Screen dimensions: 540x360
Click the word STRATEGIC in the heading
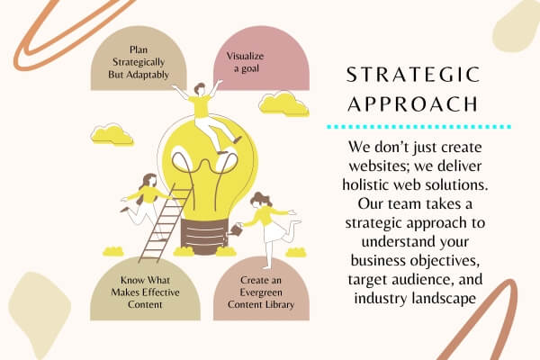pos(413,75)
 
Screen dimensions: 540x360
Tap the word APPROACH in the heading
pos(413,103)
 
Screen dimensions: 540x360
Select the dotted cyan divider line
pos(418,127)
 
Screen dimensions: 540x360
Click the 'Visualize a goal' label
pos(245,62)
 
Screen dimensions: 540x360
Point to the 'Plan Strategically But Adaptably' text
pos(139,62)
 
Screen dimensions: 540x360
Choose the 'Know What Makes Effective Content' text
pos(145,292)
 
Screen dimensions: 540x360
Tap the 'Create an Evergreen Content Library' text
pos(261,292)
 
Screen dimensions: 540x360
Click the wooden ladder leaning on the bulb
pos(165,224)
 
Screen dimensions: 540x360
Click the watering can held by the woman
pos(236,229)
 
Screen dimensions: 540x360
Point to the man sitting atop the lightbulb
pos(207,116)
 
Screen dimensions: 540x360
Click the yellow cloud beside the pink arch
pos(283,103)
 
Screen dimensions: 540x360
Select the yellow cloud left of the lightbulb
pos(112,134)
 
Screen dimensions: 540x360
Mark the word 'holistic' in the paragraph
pos(365,185)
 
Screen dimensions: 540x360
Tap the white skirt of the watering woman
pos(274,231)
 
